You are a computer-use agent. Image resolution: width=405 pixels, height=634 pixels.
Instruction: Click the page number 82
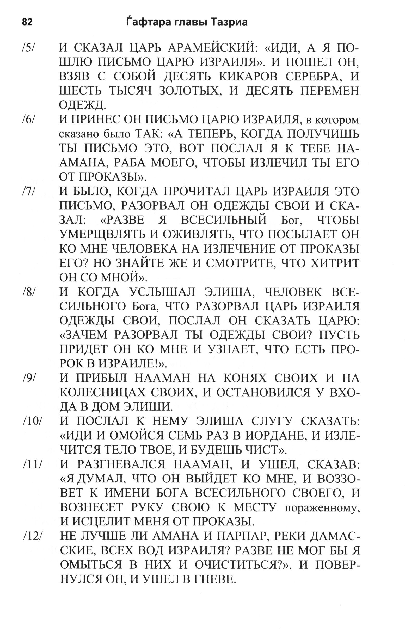pyautogui.click(x=27, y=22)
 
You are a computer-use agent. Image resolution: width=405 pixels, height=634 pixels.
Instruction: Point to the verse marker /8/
pyautogui.click(x=30, y=292)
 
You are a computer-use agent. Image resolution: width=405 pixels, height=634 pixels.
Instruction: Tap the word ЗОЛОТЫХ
pyautogui.click(x=189, y=91)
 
